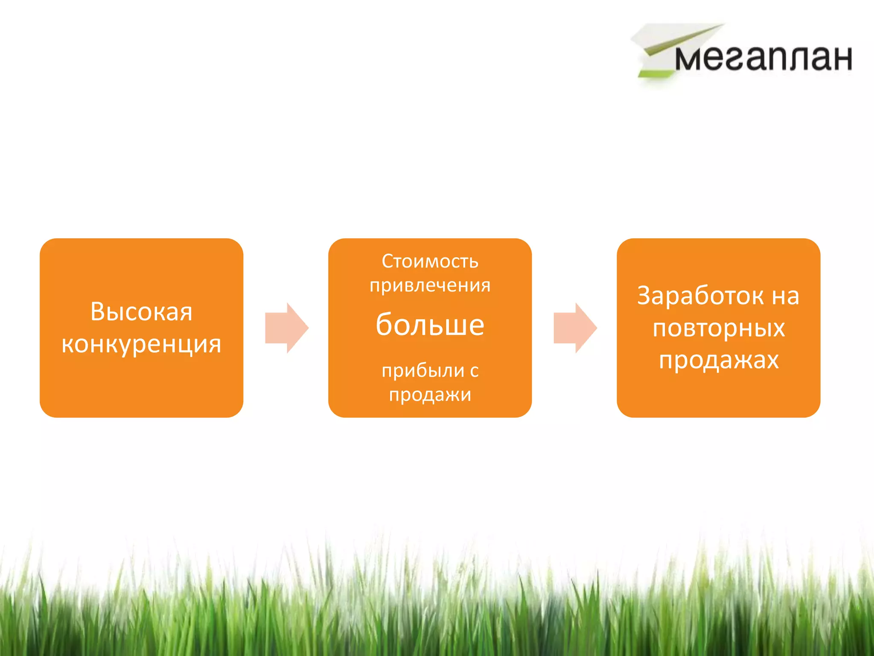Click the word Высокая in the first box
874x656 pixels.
click(141, 311)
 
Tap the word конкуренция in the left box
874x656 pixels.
click(141, 344)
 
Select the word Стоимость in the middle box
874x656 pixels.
click(430, 261)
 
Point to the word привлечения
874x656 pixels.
click(430, 285)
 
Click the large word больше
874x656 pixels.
click(430, 324)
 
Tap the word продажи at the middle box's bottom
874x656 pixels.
click(430, 394)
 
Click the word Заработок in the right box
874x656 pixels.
click(700, 296)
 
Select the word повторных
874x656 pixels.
click(719, 328)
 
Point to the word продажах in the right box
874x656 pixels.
click(719, 360)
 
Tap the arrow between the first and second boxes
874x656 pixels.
click(286, 328)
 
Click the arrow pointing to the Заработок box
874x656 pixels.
click(575, 328)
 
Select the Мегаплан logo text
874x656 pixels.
click(763, 58)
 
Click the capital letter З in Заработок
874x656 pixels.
click(645, 296)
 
